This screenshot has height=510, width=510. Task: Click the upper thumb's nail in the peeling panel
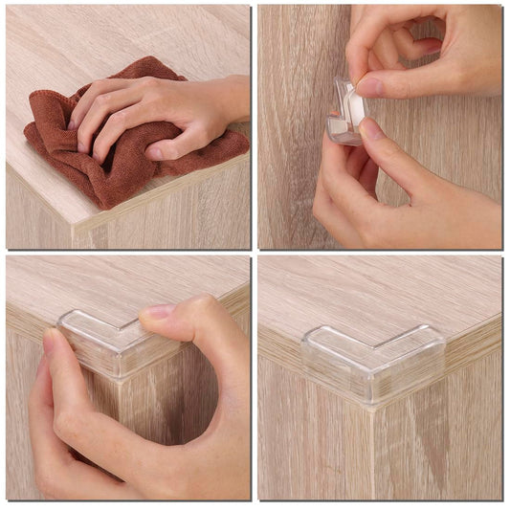[x=368, y=86]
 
